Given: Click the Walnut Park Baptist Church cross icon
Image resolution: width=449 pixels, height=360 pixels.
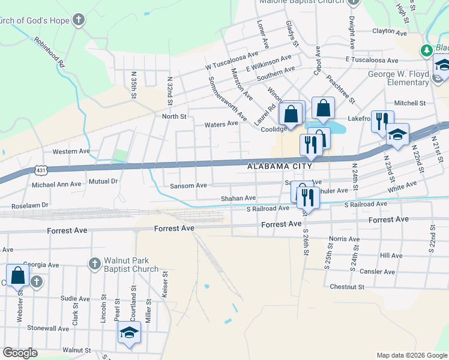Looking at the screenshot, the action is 94,263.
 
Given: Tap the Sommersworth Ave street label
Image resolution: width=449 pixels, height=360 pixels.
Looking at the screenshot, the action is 226,97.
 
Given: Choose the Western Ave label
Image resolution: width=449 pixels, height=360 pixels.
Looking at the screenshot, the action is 71,151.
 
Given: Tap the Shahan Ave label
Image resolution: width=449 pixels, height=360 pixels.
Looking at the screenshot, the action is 238,198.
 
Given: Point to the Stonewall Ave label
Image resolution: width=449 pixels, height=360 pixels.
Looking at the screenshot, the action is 47,328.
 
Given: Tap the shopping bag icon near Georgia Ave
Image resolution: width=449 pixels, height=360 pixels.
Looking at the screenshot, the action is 17,275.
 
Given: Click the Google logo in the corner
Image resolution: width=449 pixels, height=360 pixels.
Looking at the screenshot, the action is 20,353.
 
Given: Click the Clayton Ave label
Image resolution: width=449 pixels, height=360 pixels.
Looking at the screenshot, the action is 391,31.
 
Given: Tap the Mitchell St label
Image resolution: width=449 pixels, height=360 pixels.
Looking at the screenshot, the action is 409,103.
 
